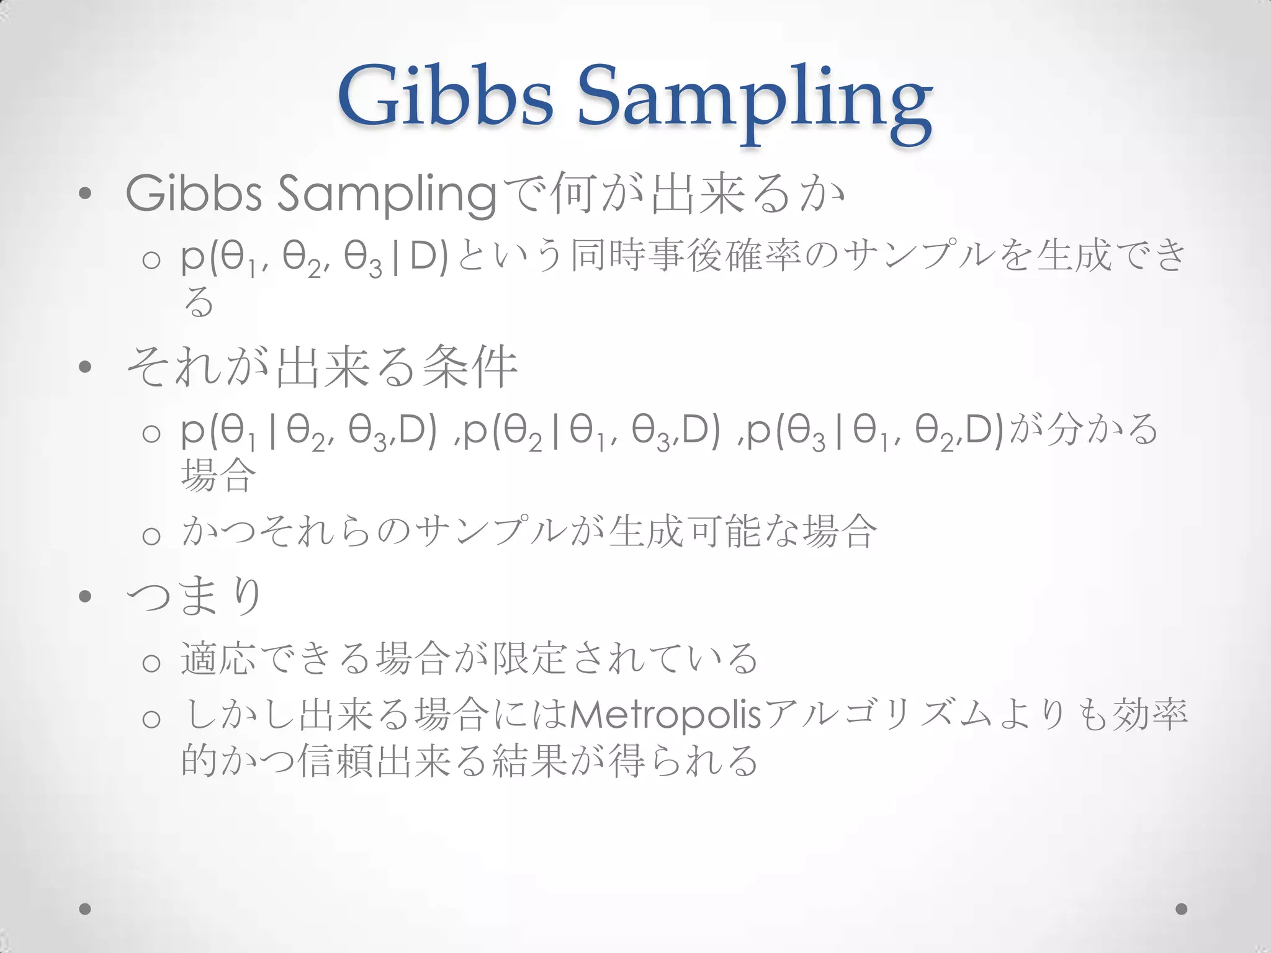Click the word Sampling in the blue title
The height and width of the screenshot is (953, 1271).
click(x=755, y=102)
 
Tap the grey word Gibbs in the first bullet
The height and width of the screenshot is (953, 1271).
click(x=194, y=194)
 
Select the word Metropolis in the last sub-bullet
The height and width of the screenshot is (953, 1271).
click(x=664, y=715)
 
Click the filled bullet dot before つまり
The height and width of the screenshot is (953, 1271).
click(x=86, y=597)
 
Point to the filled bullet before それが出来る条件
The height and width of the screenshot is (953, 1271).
click(x=86, y=367)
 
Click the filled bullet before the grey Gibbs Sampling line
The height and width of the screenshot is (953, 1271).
click(x=86, y=194)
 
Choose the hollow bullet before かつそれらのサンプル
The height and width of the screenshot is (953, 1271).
click(x=151, y=535)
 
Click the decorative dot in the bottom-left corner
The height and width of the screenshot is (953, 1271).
click(x=86, y=909)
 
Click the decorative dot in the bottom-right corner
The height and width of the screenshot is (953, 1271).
click(x=1182, y=909)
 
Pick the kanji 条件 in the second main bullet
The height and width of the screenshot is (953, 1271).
click(x=469, y=367)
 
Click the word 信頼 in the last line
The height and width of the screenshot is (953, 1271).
click(x=335, y=761)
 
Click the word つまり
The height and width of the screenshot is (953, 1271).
click(x=194, y=596)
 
